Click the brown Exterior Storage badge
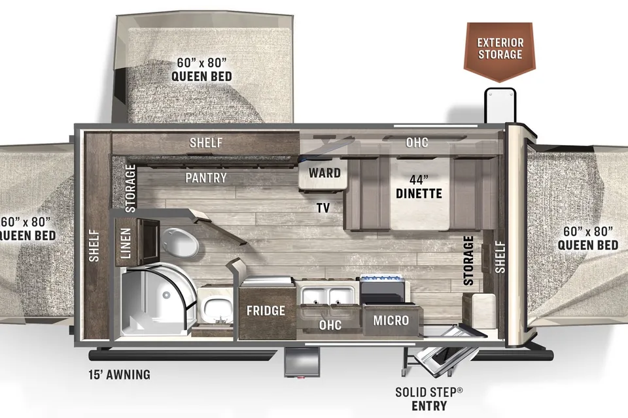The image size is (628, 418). pyautogui.click(x=500, y=50)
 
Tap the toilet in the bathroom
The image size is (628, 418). pyautogui.click(x=180, y=243)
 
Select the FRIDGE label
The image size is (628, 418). pyautogui.click(x=266, y=310)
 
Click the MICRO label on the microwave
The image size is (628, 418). pyautogui.click(x=391, y=321)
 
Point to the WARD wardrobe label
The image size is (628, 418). pyautogui.click(x=324, y=173)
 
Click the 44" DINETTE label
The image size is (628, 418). pyautogui.click(x=419, y=187)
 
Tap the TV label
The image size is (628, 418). pyautogui.click(x=323, y=208)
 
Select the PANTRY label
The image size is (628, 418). pyautogui.click(x=206, y=178)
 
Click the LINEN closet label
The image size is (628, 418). pyautogui.click(x=126, y=243)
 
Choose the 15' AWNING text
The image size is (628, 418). pyautogui.click(x=119, y=374)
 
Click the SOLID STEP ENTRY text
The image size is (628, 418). pyautogui.click(x=429, y=399)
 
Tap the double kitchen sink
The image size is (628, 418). pyautogui.click(x=328, y=297)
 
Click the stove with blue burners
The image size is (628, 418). pyautogui.click(x=382, y=289)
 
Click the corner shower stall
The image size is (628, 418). pyautogui.click(x=157, y=299)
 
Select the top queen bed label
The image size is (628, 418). pyautogui.click(x=201, y=69)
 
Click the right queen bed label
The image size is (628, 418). pyautogui.click(x=588, y=238)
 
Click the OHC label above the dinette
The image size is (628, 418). pyautogui.click(x=417, y=142)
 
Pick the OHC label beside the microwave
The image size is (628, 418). pyautogui.click(x=330, y=325)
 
